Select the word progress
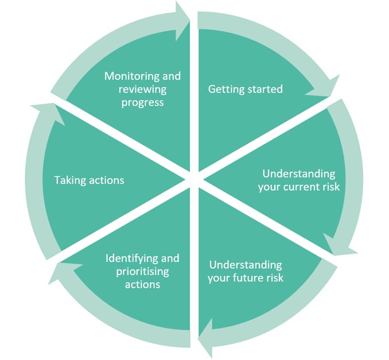(142, 103)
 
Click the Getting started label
(245, 89)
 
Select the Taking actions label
(89, 180)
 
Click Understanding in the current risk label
(299, 173)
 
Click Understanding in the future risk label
(246, 265)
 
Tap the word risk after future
(275, 278)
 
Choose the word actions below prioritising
(142, 284)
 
